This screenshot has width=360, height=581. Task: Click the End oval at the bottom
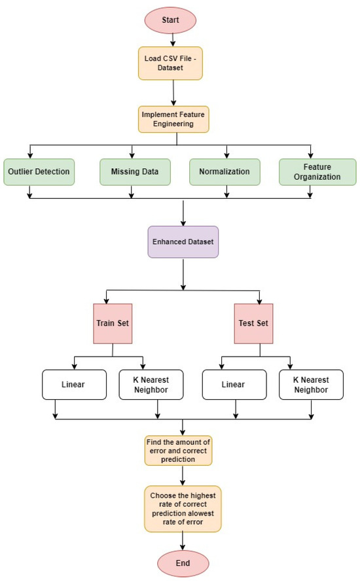pyautogui.click(x=183, y=563)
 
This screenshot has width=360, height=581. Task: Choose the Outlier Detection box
pyautogui.click(x=39, y=171)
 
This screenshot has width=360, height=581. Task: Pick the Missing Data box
pyautogui.click(x=132, y=171)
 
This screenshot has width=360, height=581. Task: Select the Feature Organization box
pyautogui.click(x=317, y=171)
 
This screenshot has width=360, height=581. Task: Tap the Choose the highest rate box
pyautogui.click(x=183, y=507)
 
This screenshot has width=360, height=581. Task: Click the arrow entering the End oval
pyautogui.click(x=183, y=540)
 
